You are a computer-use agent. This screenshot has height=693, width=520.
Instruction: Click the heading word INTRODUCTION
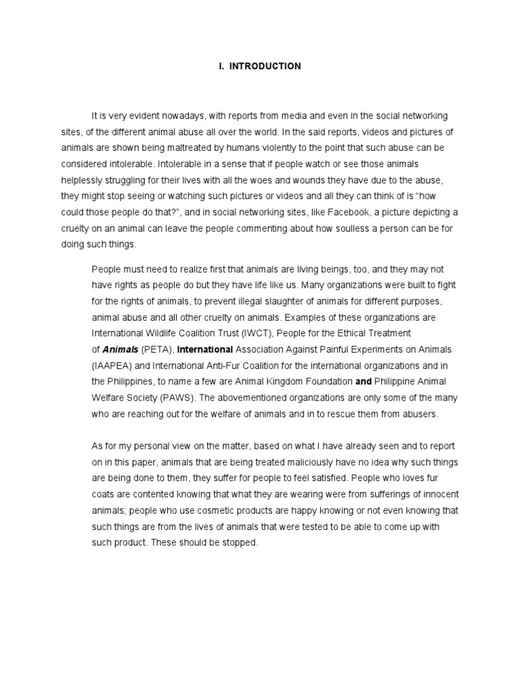point(265,66)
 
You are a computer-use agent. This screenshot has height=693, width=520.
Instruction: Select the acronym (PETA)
point(157,349)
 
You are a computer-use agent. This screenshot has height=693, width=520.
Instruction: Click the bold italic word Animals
point(121,349)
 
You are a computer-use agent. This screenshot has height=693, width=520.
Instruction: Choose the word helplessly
point(83,180)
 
